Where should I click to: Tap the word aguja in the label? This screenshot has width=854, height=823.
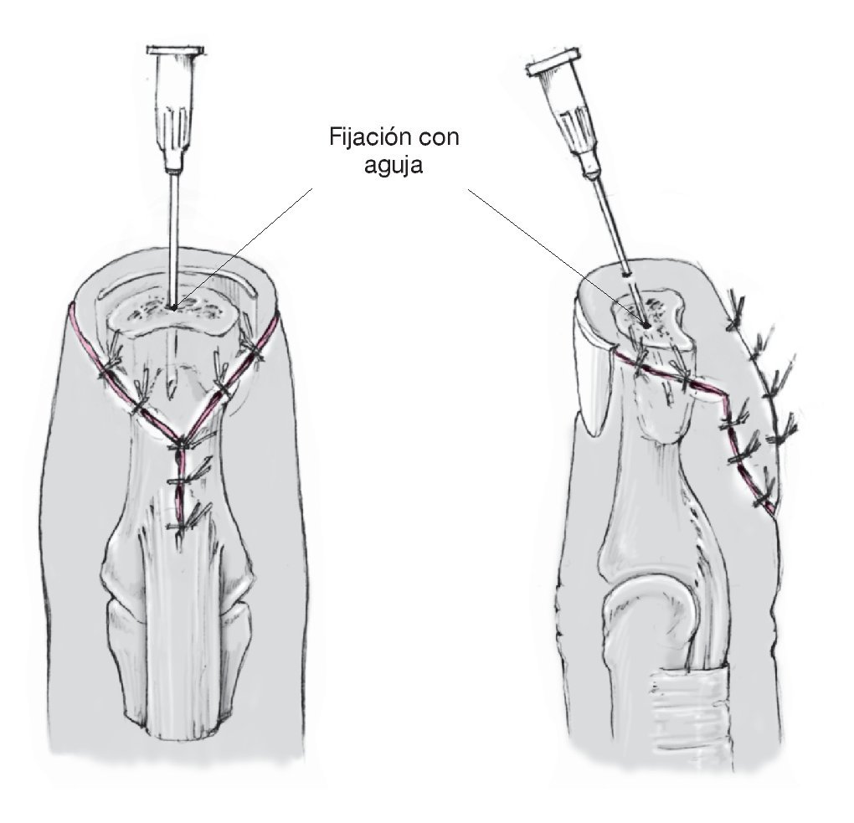coord(394,167)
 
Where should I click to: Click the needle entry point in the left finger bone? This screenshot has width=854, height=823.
coord(172,307)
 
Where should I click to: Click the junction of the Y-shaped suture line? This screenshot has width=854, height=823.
coord(178,442)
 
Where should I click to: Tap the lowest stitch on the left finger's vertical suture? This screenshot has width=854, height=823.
coord(180,523)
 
